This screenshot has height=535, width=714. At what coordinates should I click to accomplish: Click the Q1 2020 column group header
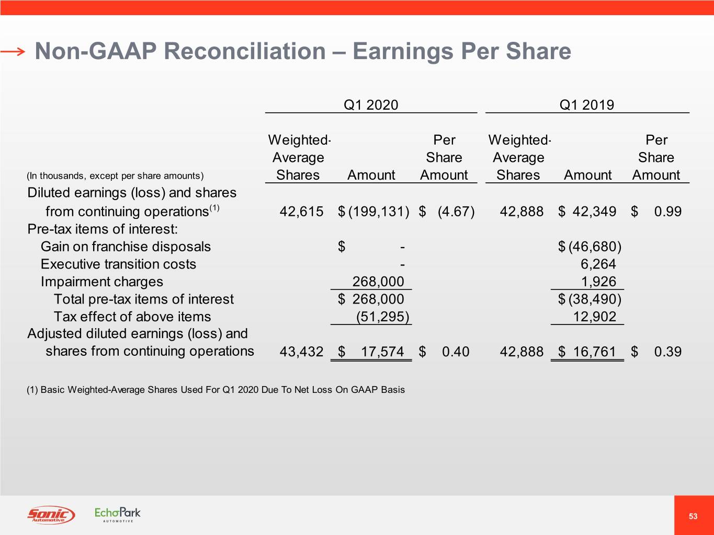pos(371,105)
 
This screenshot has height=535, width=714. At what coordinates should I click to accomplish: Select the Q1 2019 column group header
pos(587,105)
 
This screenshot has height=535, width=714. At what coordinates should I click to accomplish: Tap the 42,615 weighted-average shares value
pos(301,212)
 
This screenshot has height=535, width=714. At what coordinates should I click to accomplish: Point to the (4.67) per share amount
pos(456,212)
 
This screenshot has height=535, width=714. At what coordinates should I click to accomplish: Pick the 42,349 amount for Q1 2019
pos(594,212)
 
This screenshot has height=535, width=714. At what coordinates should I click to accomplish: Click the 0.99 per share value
pos(668,212)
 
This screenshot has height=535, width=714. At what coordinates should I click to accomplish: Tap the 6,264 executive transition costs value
pos(598,264)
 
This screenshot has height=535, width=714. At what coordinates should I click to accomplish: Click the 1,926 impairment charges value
pos(598,282)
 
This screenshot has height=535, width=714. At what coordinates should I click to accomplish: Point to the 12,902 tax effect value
pos(594,317)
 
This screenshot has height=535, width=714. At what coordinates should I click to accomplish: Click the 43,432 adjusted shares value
pos(301,352)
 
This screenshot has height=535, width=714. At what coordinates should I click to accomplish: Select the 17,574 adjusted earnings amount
pos(382,352)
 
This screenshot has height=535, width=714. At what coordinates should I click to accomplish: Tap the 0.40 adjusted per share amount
pos(456,352)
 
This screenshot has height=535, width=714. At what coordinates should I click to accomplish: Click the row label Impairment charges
pos(102,282)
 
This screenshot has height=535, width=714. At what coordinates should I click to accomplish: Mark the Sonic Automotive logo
pos(51,515)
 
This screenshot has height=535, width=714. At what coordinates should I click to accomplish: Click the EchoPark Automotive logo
pos(117,515)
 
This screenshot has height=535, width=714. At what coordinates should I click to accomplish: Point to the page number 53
pos(693,516)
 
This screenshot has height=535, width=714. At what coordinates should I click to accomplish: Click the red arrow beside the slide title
pos(13,51)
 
